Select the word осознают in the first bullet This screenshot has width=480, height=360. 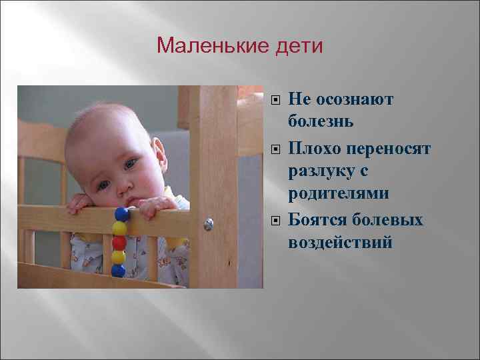click(353, 100)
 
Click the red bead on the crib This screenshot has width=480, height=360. click(119, 242)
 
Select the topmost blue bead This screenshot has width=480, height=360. click(121, 214)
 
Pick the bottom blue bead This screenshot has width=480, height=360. click(118, 271)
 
